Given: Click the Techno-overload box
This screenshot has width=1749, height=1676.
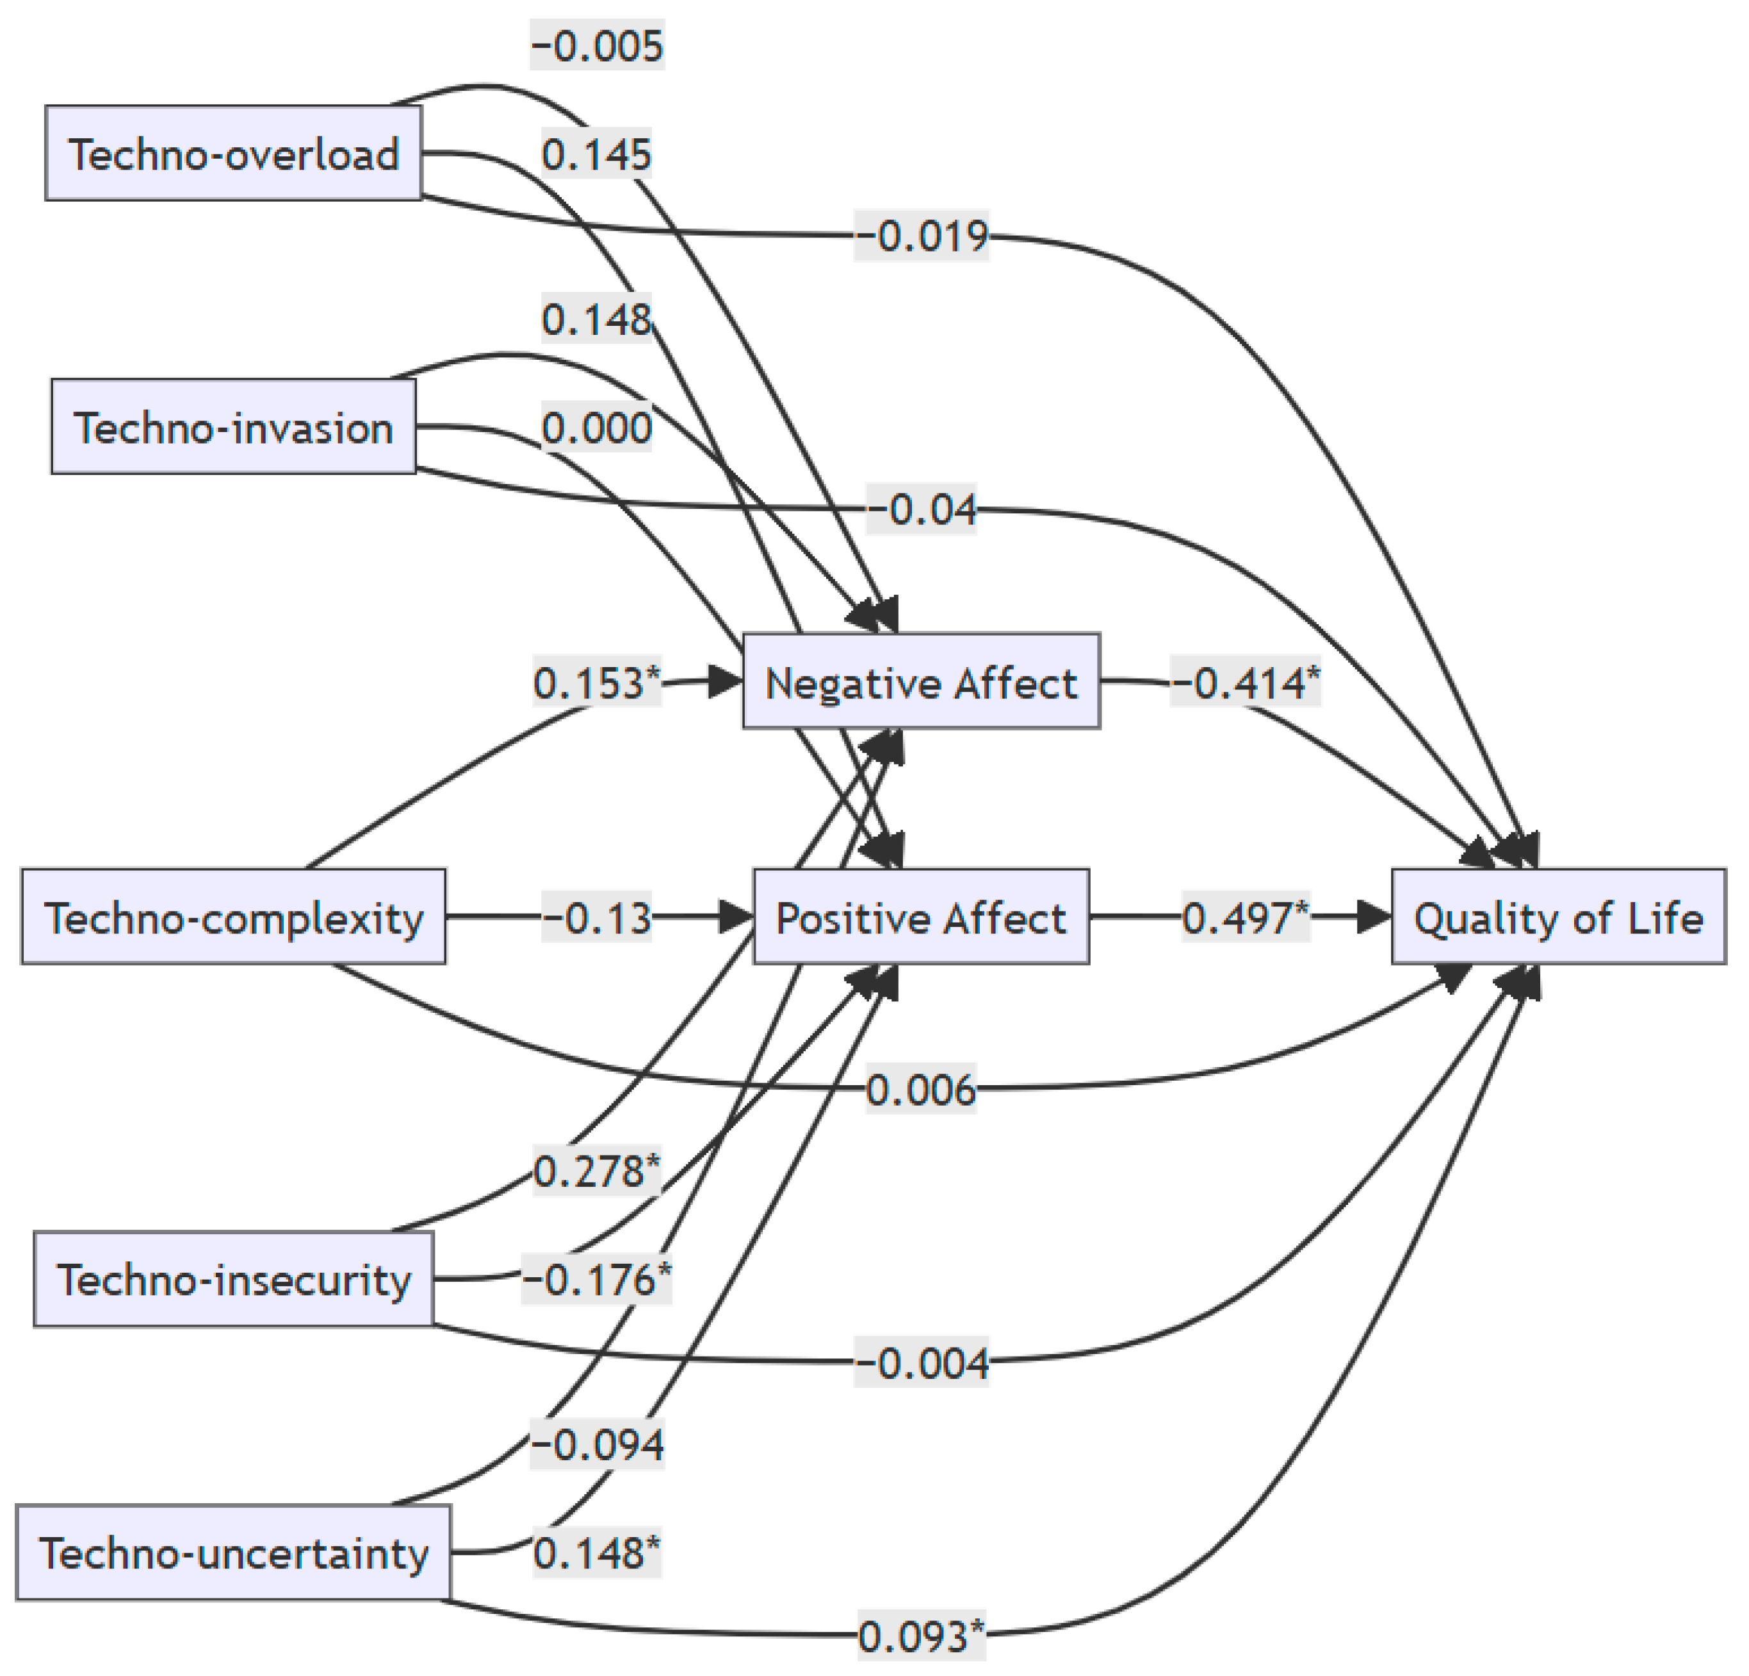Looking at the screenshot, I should (233, 154).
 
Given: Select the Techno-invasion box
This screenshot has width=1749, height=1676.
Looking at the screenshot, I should (233, 427).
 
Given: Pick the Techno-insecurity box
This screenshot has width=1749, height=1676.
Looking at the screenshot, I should (233, 1280).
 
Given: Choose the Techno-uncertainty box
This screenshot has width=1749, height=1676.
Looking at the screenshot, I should (233, 1554).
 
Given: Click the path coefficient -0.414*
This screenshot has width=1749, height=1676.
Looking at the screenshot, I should (1246, 683).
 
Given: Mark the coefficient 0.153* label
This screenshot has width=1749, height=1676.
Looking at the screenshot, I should (597, 683).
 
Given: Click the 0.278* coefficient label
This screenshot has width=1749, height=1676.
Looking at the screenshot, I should (597, 1171).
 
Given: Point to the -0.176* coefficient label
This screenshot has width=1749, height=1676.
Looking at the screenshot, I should (597, 1280).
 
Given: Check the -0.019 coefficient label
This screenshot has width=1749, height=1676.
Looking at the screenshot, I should (921, 236).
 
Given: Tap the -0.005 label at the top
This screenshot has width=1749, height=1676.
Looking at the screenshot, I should (597, 45).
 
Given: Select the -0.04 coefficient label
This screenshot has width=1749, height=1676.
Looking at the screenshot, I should (921, 510).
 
